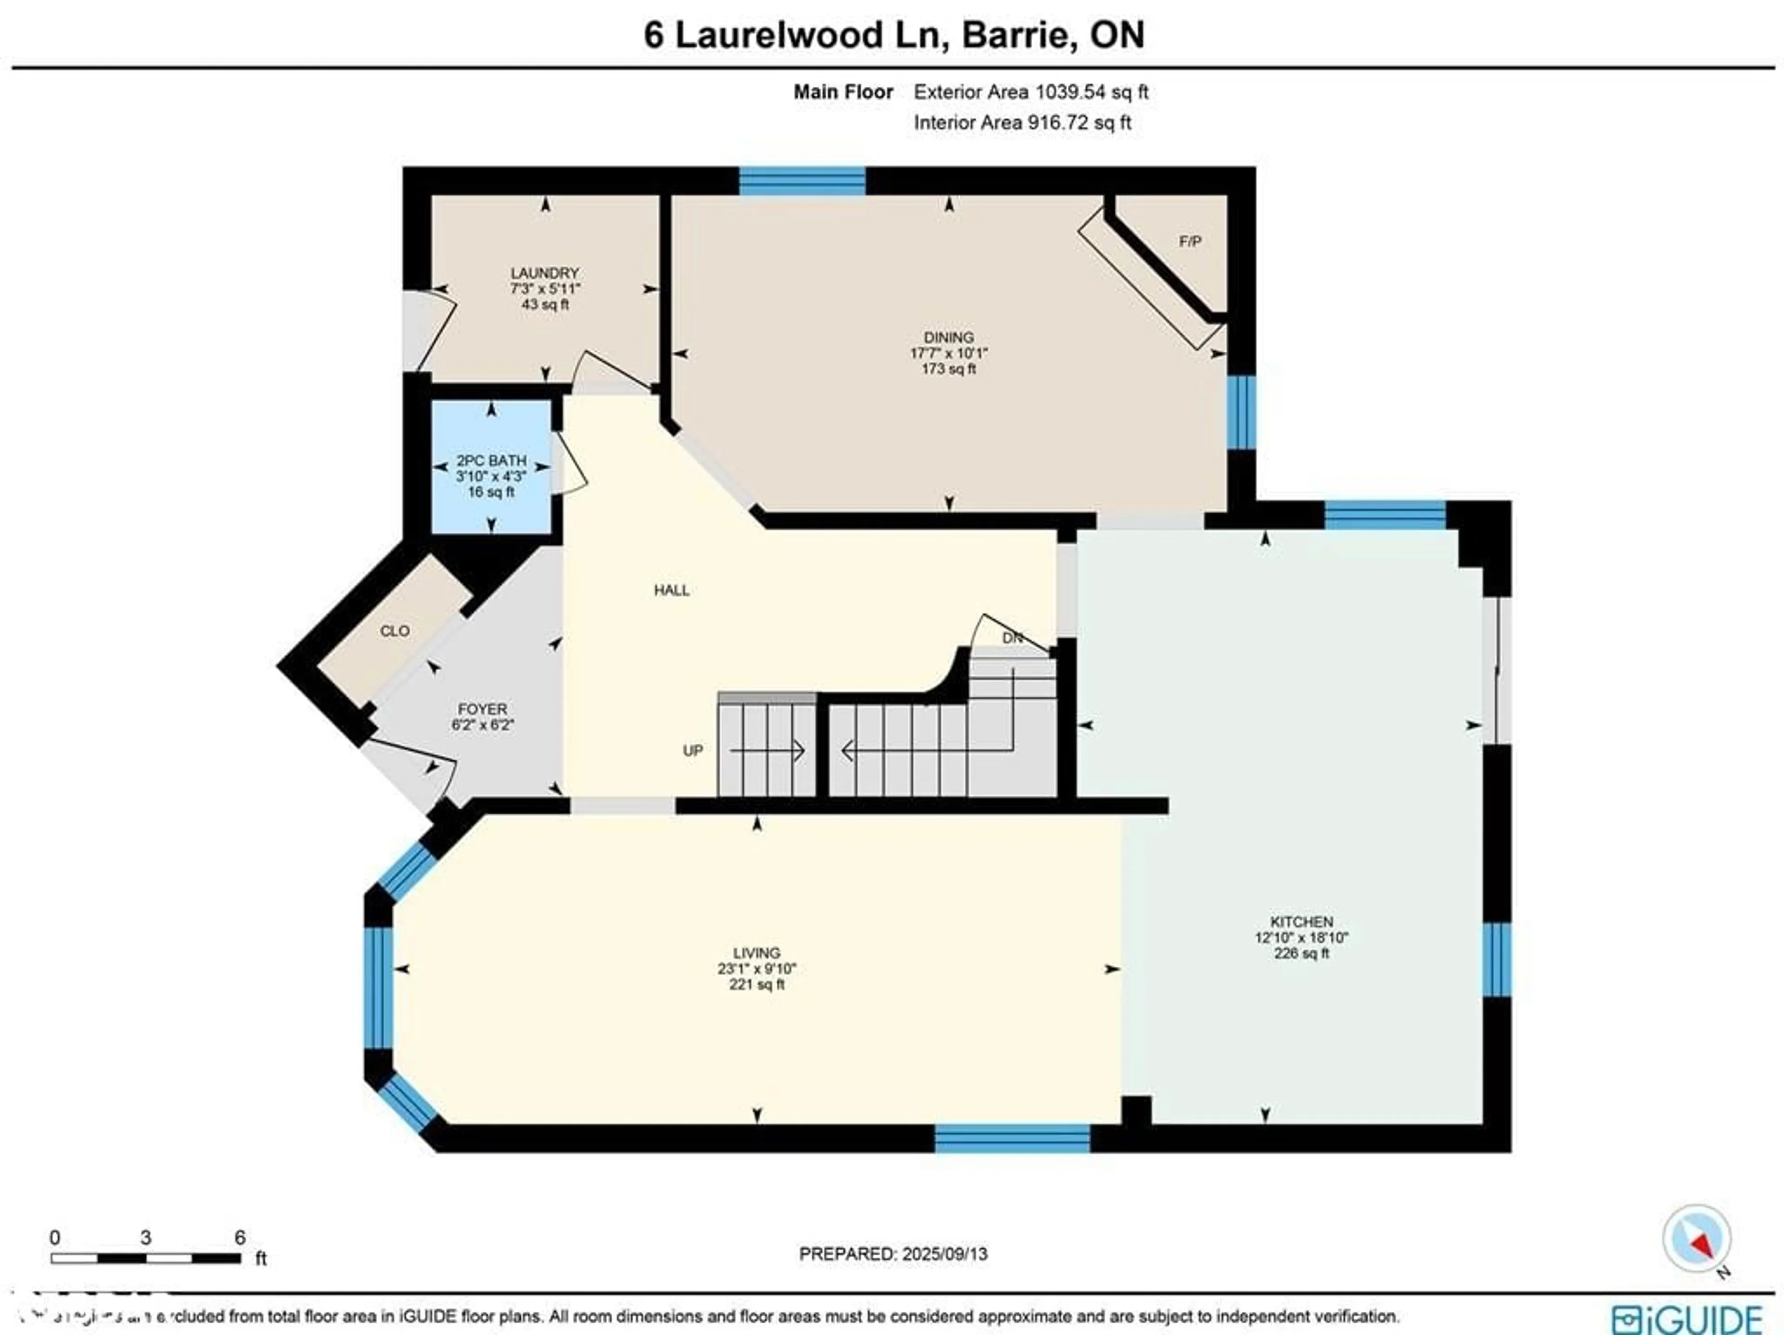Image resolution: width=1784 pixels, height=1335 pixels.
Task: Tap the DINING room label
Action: pyautogui.click(x=949, y=337)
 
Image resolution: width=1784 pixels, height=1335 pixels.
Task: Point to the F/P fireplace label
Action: pyautogui.click(x=1190, y=241)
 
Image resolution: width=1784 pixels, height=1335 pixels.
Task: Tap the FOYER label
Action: pyautogui.click(x=482, y=709)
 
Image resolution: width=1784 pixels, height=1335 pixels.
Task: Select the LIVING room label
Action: pyautogui.click(x=756, y=953)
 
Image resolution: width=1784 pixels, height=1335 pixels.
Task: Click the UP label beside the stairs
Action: pyautogui.click(x=693, y=750)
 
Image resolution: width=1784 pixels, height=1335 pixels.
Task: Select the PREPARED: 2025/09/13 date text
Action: pyautogui.click(x=893, y=1254)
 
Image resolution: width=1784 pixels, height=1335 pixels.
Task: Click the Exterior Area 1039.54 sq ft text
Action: pyautogui.click(x=1030, y=92)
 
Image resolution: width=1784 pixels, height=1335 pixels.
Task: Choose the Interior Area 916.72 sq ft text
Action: pyautogui.click(x=1022, y=123)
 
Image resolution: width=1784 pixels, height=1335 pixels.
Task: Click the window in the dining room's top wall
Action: pyautogui.click(x=802, y=181)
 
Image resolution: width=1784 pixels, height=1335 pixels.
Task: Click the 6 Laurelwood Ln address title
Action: pyautogui.click(x=893, y=35)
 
